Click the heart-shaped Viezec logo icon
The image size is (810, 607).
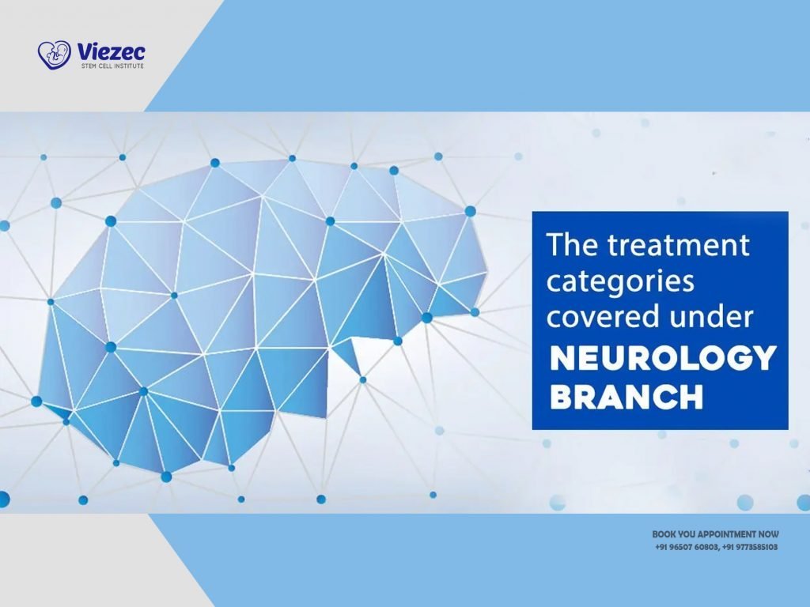click(54, 55)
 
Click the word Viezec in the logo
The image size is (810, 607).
click(112, 52)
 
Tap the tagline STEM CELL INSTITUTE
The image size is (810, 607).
click(110, 67)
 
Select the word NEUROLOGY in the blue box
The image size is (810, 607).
click(661, 359)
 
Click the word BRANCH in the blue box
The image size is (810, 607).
click(626, 397)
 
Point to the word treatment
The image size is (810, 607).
click(679, 245)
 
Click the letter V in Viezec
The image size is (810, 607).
click(83, 52)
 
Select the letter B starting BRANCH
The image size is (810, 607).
click(561, 397)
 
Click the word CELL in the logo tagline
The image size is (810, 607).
click(108, 67)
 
